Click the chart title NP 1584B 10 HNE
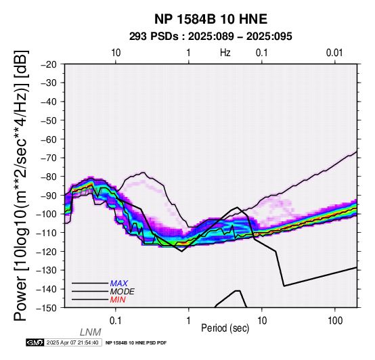[211, 19]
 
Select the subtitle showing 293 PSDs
[211, 37]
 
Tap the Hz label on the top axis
[225, 53]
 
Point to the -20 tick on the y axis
[49, 64]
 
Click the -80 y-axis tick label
[49, 177]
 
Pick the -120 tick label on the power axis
[47, 251]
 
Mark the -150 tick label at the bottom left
[47, 308]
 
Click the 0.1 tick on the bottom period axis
[115, 321]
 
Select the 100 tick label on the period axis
[335, 321]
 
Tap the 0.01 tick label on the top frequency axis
[334, 53]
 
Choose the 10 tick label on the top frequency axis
[116, 53]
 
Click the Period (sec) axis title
[225, 328]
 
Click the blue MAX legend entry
[119, 284]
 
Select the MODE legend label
[123, 292]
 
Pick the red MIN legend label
[118, 300]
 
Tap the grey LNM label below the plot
[91, 332]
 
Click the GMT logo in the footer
[35, 342]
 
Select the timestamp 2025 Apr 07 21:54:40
[72, 342]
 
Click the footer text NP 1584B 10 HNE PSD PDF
[136, 343]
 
